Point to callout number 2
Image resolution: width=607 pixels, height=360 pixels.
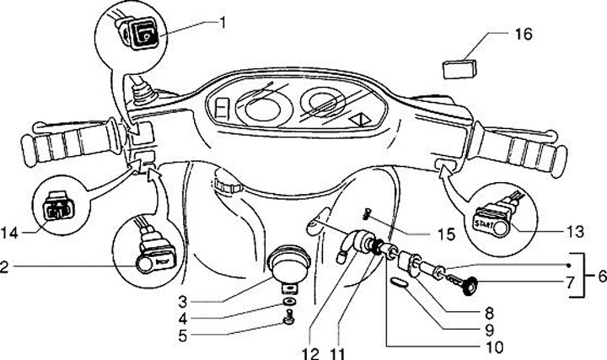click(6, 267)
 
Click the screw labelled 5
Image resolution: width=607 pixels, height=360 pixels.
click(290, 318)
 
